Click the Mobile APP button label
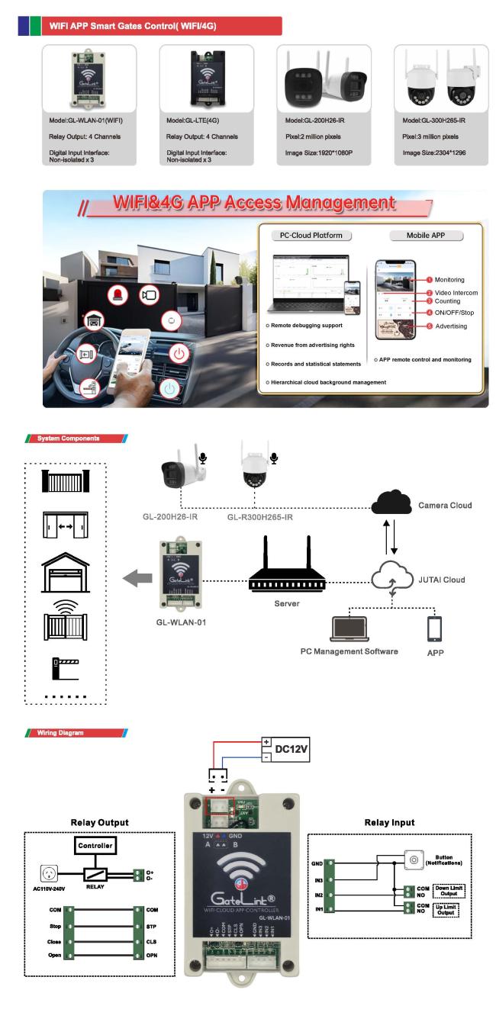pyautogui.click(x=427, y=236)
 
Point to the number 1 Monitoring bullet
pyautogui.click(x=430, y=280)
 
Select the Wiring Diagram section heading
pyautogui.click(x=59, y=733)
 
